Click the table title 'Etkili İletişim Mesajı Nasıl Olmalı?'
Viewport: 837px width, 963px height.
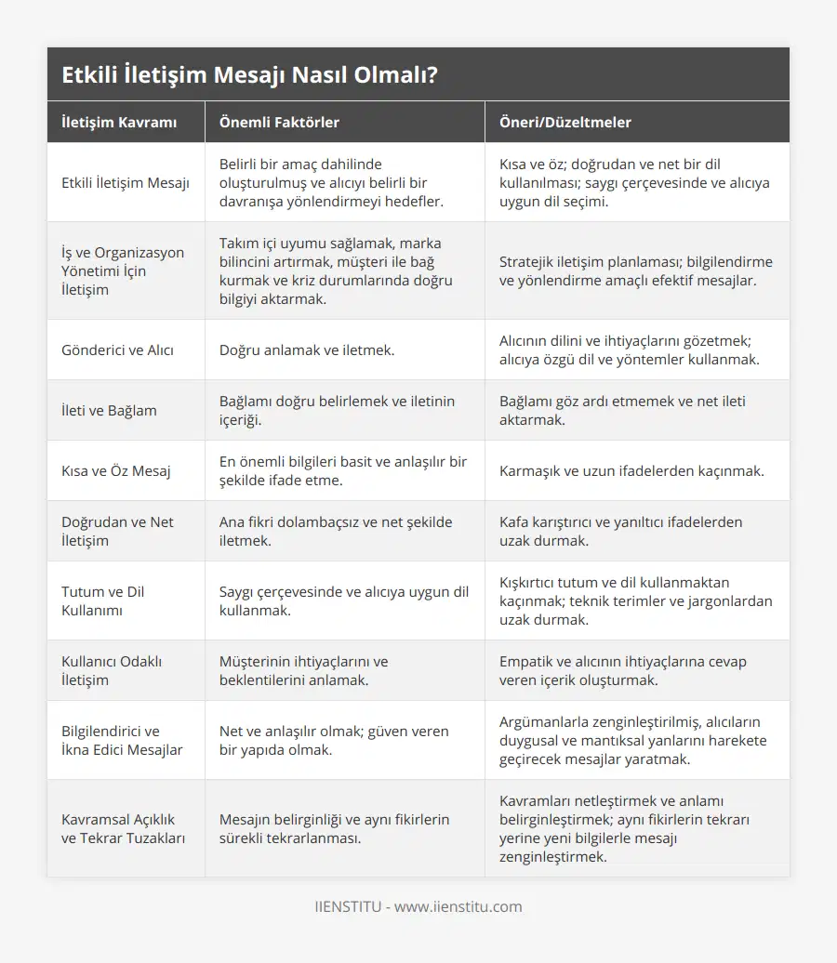pos(249,75)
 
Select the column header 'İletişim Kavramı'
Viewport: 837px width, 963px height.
pos(119,123)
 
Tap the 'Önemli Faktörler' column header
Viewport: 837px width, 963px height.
pos(279,123)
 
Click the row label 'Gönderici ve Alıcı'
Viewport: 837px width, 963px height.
pos(117,350)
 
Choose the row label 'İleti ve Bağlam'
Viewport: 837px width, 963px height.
pos(109,411)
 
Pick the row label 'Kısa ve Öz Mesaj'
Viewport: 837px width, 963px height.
pos(116,471)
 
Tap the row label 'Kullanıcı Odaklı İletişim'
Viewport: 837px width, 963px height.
pos(112,671)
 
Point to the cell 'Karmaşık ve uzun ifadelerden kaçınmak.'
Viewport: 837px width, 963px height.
pos(631,471)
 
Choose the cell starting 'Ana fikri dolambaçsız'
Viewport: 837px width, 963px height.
pos(336,532)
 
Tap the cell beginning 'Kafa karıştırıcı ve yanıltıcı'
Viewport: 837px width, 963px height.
pos(620,532)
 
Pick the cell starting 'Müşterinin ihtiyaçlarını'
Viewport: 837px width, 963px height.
pos(304,671)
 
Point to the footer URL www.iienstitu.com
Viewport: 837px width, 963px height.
pos(458,907)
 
